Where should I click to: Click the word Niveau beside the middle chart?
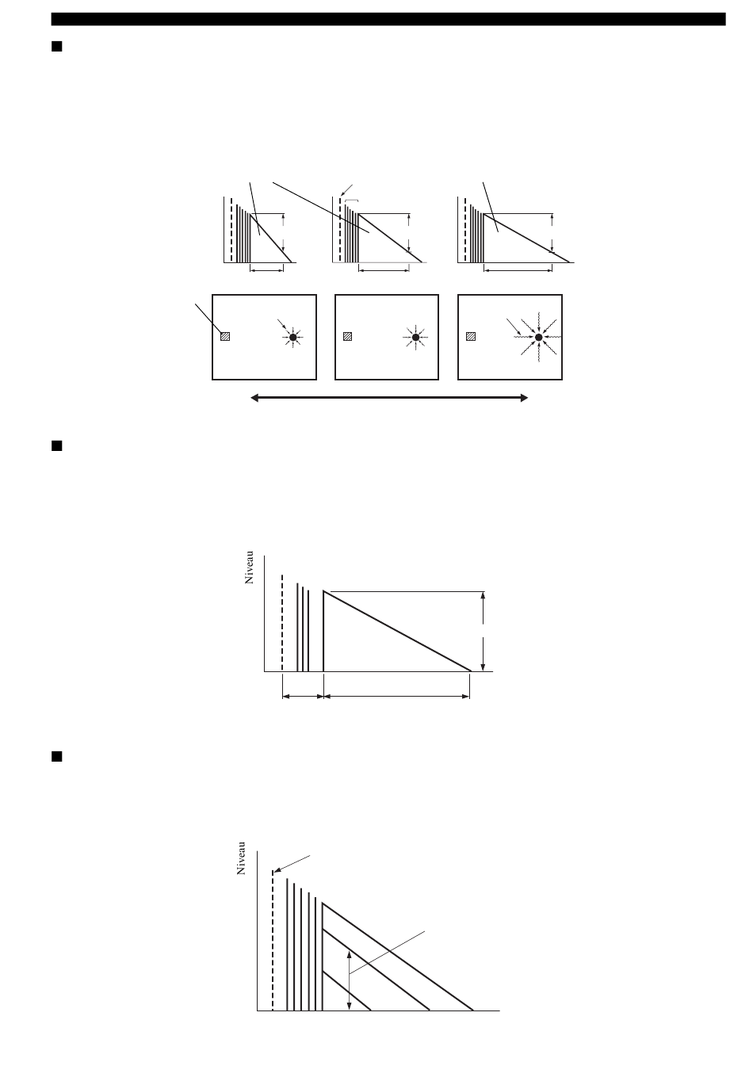(x=249, y=567)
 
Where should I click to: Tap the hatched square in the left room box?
(x=225, y=336)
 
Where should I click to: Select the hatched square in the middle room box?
(x=347, y=336)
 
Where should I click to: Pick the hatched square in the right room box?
(x=471, y=336)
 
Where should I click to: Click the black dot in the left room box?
(x=292, y=337)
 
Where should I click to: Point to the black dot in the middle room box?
(x=415, y=337)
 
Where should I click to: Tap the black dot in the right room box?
(x=538, y=337)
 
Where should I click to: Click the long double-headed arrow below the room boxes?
(x=389, y=398)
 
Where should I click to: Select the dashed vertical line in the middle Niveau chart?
(x=282, y=623)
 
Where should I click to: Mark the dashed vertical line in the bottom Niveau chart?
(x=273, y=940)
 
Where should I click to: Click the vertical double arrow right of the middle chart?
(x=483, y=632)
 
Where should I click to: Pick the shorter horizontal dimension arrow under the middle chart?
(x=303, y=697)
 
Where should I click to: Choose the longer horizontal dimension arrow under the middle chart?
(x=396, y=697)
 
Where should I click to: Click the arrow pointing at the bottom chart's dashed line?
(x=292, y=864)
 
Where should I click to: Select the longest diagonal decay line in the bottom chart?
(x=398, y=957)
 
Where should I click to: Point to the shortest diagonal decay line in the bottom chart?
(x=346, y=991)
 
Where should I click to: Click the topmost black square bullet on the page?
(x=57, y=46)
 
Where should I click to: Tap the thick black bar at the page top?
(x=388, y=19)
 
